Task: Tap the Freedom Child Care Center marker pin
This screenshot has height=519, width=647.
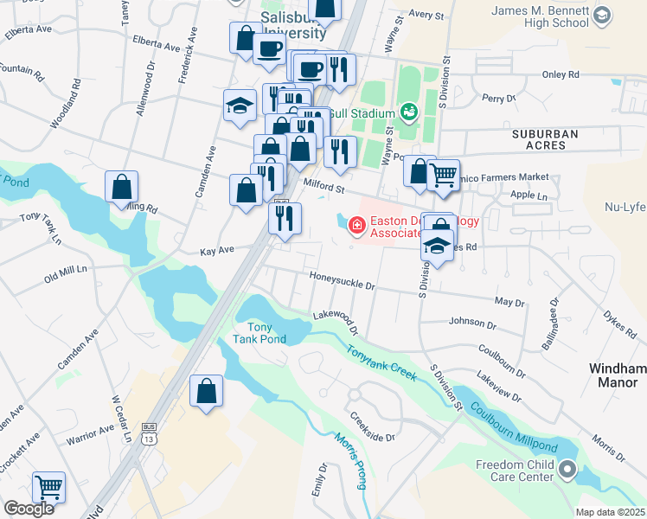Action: tap(567, 470)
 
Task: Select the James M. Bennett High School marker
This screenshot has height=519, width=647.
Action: tap(602, 15)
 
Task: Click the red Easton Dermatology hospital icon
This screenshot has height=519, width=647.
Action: tap(355, 226)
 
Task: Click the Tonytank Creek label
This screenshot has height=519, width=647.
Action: tap(381, 363)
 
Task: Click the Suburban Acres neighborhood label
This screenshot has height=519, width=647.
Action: tap(550, 139)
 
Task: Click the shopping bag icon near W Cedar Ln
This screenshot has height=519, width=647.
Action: tap(208, 392)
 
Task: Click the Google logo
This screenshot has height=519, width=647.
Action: tap(29, 508)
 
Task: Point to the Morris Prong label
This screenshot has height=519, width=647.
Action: tap(349, 458)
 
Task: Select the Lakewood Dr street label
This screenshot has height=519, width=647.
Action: tap(336, 321)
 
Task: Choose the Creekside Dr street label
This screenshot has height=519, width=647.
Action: tap(373, 427)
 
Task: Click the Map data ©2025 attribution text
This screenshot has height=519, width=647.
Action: tap(610, 512)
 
